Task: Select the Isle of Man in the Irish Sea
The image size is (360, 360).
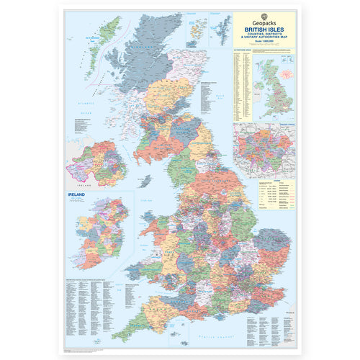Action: pos(146,180)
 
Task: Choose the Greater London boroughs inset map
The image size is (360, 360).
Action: pos(264,149)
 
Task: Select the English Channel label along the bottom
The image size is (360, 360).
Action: pos(238,333)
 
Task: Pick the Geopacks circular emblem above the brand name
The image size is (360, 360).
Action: pos(265,14)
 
